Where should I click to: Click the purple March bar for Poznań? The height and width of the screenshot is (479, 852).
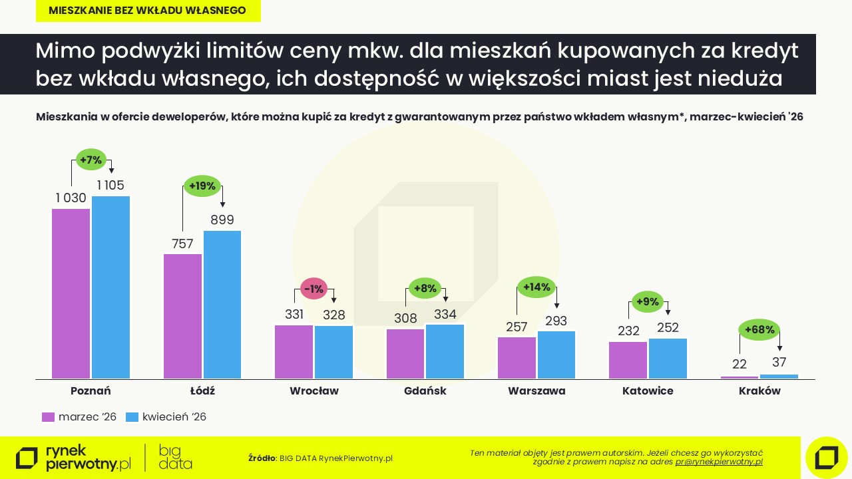coord(71,293)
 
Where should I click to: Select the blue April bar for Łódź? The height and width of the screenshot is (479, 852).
coord(222,305)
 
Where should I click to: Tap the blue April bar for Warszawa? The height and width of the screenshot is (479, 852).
coord(556,355)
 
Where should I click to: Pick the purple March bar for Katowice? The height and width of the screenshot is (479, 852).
coord(628,360)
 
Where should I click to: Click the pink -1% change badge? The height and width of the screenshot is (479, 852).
coord(313,289)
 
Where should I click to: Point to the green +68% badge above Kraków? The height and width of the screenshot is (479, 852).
coord(759,329)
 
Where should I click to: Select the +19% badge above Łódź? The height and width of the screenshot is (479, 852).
coord(202,186)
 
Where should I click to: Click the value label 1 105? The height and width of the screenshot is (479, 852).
coord(110,186)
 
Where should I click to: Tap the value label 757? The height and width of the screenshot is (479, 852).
coord(182,243)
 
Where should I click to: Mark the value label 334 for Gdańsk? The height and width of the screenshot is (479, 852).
coord(445,314)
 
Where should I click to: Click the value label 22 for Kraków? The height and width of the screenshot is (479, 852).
coord(739,365)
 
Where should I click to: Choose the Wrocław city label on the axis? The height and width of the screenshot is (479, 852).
coord(314,391)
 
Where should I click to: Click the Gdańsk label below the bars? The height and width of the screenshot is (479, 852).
coord(425,391)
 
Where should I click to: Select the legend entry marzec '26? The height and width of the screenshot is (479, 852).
coord(79,417)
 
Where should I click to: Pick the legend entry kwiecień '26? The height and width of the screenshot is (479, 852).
coord(166,417)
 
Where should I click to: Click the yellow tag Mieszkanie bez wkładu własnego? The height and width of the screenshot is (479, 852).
coord(147,11)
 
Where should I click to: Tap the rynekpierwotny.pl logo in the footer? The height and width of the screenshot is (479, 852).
coord(73,457)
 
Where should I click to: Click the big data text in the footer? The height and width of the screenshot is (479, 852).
coord(176,457)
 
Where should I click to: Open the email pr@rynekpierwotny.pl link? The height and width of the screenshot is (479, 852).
coord(719,462)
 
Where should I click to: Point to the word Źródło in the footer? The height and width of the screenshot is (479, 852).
coord(262,458)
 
